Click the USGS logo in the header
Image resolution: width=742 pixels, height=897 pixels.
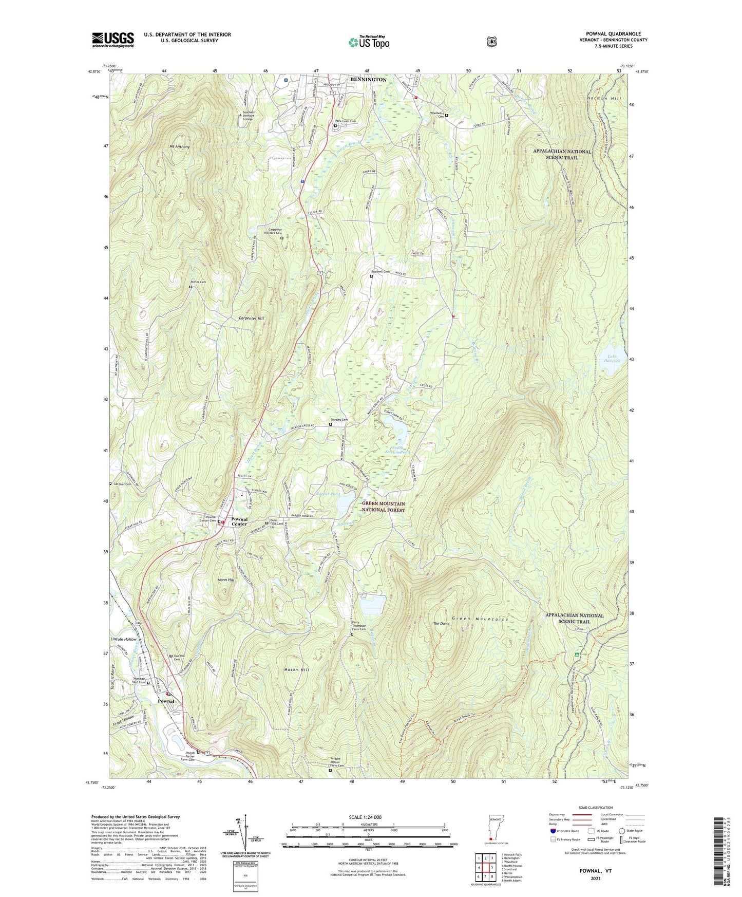[x=113, y=40]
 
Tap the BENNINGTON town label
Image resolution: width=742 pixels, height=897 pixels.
[x=368, y=80]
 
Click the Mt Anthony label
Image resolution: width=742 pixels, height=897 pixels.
[x=180, y=147]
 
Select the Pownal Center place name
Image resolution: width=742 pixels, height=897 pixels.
[x=239, y=521]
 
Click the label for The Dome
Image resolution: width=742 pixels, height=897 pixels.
[x=441, y=624]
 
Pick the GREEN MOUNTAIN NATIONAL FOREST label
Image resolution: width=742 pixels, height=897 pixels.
[x=383, y=507]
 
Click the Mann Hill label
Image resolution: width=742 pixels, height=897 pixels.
[x=226, y=580]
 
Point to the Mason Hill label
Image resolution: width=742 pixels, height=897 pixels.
[x=296, y=670]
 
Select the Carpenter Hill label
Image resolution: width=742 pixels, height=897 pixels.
[x=252, y=319]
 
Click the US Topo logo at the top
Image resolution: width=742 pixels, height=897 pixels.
[x=369, y=42]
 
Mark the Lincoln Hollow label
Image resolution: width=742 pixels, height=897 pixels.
[x=124, y=640]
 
